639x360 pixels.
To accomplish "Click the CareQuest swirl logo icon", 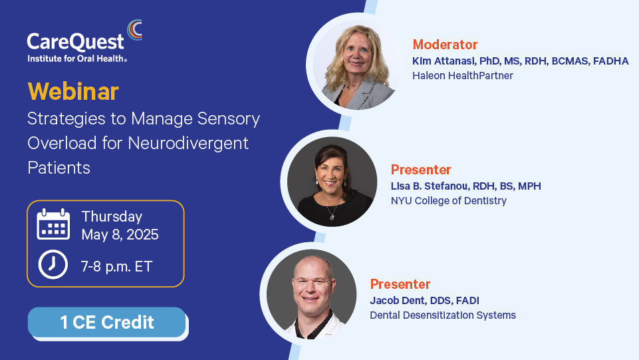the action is (x=135, y=30).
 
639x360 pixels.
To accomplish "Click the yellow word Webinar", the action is (x=73, y=91).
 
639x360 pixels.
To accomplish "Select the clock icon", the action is (x=53, y=265).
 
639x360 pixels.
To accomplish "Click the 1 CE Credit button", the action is (x=107, y=322).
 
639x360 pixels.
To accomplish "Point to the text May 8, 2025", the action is (x=120, y=235).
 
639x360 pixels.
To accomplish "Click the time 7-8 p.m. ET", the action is (x=116, y=267).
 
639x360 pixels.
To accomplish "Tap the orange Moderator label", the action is (x=445, y=45).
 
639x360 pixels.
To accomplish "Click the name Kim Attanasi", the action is (x=444, y=61).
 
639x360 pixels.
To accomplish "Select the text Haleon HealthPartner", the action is (x=463, y=75).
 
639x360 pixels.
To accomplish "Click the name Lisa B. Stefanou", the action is (x=429, y=186).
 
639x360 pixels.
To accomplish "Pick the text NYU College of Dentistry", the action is (x=449, y=200).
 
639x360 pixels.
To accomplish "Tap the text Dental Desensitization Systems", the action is (x=443, y=315).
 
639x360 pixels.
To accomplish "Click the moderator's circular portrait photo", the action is (x=354, y=65).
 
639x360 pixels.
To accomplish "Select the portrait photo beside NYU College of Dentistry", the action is (x=332, y=182).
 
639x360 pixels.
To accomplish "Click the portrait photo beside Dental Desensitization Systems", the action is (x=311, y=294).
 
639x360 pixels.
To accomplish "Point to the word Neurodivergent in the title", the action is (x=188, y=144).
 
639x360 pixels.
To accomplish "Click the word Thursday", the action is (x=112, y=217).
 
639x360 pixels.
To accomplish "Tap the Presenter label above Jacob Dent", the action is (x=400, y=284).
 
